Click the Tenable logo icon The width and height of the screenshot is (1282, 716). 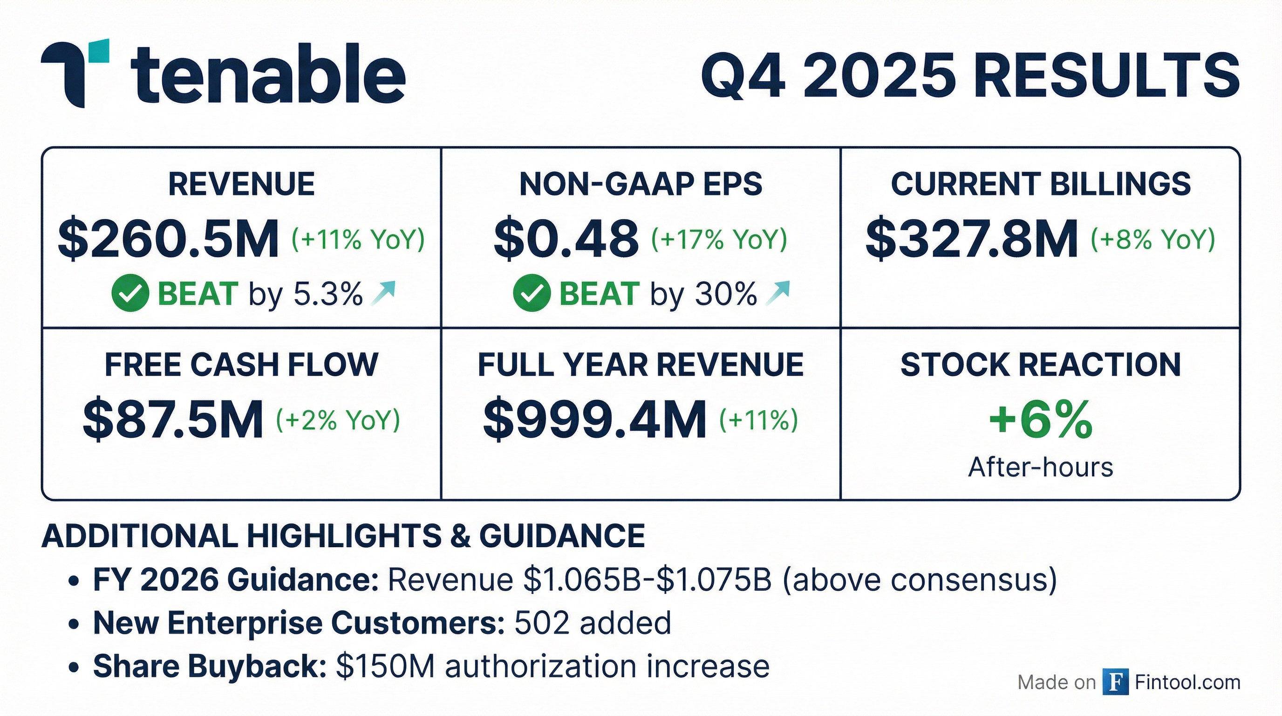click(x=75, y=72)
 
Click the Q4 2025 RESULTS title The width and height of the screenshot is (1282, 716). click(x=970, y=76)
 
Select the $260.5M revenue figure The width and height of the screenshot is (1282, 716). click(x=168, y=239)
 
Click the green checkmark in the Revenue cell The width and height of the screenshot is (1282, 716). click(x=130, y=293)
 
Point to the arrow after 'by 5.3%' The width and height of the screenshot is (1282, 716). click(x=383, y=293)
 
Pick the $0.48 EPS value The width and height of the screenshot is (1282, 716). click(x=566, y=239)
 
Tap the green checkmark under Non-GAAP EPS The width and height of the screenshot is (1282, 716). click(x=532, y=293)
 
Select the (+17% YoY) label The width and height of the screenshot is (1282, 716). click(x=719, y=239)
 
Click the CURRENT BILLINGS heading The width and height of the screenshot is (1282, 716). click(x=1041, y=184)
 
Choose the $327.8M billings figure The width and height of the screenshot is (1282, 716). click(x=971, y=239)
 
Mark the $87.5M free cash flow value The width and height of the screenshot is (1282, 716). click(x=173, y=420)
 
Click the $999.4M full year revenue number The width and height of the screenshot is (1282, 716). click(x=595, y=420)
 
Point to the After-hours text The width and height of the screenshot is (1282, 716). click(x=1040, y=468)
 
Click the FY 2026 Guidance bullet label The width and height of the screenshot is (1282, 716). click(x=236, y=579)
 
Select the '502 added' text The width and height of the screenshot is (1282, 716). click(x=592, y=623)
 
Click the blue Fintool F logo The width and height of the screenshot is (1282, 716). click(x=1115, y=682)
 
